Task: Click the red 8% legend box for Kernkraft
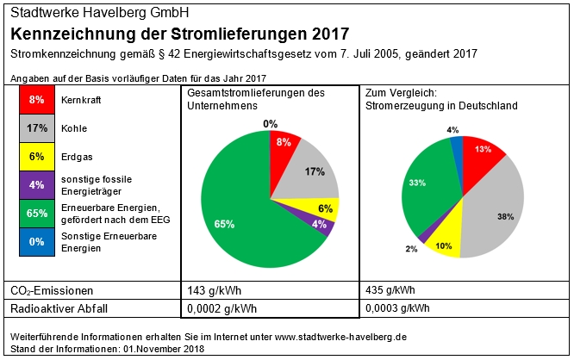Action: pos(36,100)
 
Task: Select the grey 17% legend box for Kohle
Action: pos(36,128)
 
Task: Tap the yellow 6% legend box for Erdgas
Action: pos(36,157)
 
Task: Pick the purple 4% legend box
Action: pos(36,185)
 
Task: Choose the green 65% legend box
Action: pos(36,214)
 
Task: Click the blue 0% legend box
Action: pos(36,242)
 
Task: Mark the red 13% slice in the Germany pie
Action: pos(483,151)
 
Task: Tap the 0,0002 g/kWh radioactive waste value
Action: pos(221,307)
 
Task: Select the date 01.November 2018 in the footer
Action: pos(164,349)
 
